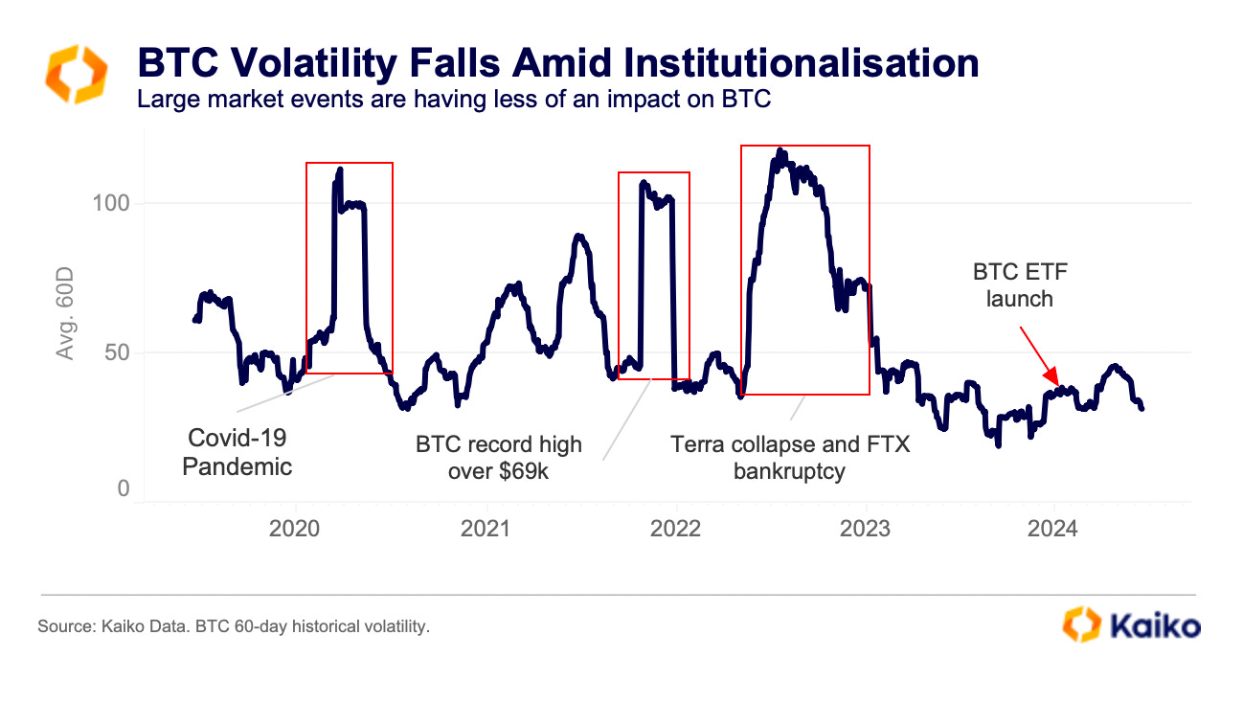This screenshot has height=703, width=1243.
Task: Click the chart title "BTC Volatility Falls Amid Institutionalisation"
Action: pyautogui.click(x=558, y=63)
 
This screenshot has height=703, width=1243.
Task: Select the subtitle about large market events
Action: pyautogui.click(x=454, y=99)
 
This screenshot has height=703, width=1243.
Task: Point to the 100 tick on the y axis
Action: pyautogui.click(x=111, y=204)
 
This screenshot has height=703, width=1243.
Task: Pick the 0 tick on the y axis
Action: pyautogui.click(x=123, y=489)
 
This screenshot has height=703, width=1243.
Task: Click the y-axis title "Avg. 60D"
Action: pyautogui.click(x=65, y=314)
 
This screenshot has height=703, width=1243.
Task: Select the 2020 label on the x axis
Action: pyautogui.click(x=295, y=528)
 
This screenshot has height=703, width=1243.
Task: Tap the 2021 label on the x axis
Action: pyautogui.click(x=486, y=528)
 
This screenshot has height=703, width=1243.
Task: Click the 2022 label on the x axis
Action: pyautogui.click(x=676, y=528)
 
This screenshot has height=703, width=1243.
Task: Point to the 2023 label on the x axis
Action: pyautogui.click(x=867, y=528)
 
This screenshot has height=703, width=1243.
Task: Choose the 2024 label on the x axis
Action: pyautogui.click(x=1054, y=528)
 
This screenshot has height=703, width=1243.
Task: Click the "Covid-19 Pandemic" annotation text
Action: pyautogui.click(x=237, y=452)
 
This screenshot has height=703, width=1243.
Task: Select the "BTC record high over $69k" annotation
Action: pyautogui.click(x=498, y=457)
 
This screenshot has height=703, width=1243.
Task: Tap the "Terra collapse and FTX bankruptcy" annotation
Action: pyautogui.click(x=789, y=457)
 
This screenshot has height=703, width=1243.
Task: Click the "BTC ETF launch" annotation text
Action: pyautogui.click(x=1020, y=284)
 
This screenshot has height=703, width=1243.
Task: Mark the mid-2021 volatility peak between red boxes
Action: pyautogui.click(x=578, y=236)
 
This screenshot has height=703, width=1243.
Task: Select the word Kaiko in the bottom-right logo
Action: pyautogui.click(x=1155, y=626)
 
